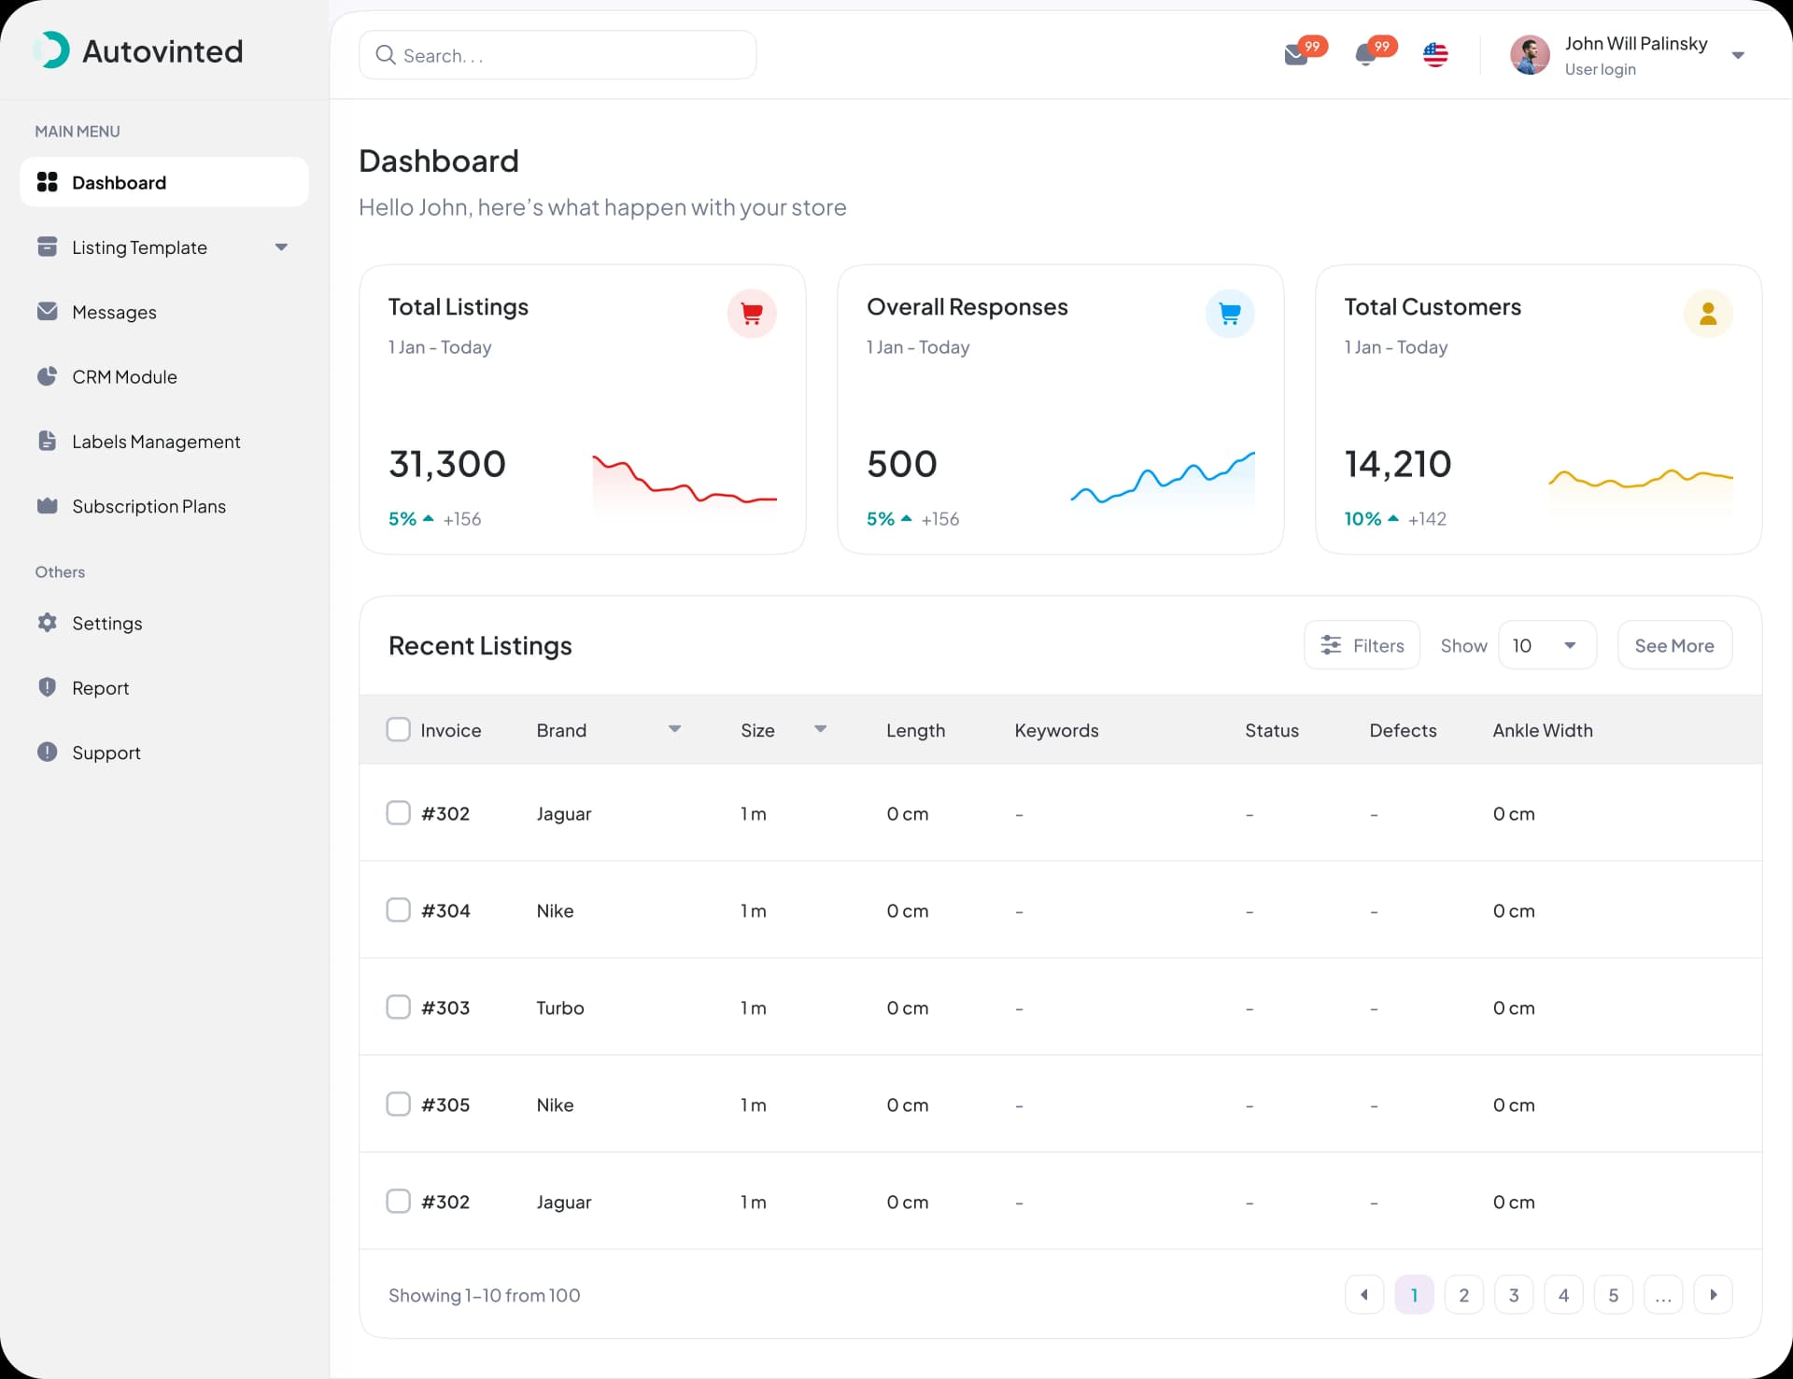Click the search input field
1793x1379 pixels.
[x=558, y=55]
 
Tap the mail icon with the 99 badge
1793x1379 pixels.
[x=1296, y=55]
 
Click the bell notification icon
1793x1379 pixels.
[x=1365, y=55]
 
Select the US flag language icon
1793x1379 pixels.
[x=1435, y=55]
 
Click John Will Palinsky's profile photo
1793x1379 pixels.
[x=1530, y=55]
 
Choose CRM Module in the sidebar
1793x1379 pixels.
[x=124, y=377]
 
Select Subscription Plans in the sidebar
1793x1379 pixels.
[x=148, y=506]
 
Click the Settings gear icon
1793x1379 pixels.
[x=47, y=623]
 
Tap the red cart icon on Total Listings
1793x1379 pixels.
[x=752, y=314]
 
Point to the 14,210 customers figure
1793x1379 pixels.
[x=1398, y=464]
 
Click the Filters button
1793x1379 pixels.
[x=1362, y=645]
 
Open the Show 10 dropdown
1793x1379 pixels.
[x=1547, y=645]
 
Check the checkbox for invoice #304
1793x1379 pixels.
[x=399, y=910]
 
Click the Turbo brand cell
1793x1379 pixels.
[x=560, y=1008]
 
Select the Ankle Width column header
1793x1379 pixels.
[x=1543, y=730]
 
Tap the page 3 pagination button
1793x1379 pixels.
[x=1514, y=1295]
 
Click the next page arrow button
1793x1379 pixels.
[x=1714, y=1295]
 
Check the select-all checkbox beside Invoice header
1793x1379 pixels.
[x=399, y=729]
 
